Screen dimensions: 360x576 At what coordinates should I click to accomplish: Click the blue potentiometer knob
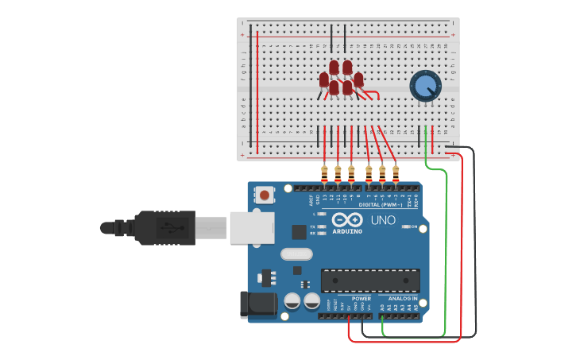[x=425, y=85]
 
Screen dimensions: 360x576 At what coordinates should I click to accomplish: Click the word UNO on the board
[x=383, y=220]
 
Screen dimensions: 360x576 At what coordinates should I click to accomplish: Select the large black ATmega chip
[x=370, y=281]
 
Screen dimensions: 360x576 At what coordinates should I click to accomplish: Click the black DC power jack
[x=257, y=304]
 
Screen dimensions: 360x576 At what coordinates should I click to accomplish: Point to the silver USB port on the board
[x=251, y=226]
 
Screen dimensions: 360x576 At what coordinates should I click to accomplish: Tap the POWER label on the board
[x=361, y=299]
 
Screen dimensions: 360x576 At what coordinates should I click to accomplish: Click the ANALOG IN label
[x=403, y=299]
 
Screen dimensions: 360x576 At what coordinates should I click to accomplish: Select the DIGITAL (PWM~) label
[x=380, y=205]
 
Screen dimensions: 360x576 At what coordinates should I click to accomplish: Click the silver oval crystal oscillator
[x=296, y=254]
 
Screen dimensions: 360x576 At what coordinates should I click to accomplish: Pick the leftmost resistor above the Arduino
[x=324, y=172]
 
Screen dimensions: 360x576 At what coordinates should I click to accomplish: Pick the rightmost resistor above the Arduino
[x=396, y=172]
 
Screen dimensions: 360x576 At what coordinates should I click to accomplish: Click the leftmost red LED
[x=324, y=79]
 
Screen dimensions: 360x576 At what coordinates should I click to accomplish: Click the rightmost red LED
[x=358, y=79]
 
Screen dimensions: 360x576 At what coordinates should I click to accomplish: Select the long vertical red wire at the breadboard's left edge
[x=257, y=91]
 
